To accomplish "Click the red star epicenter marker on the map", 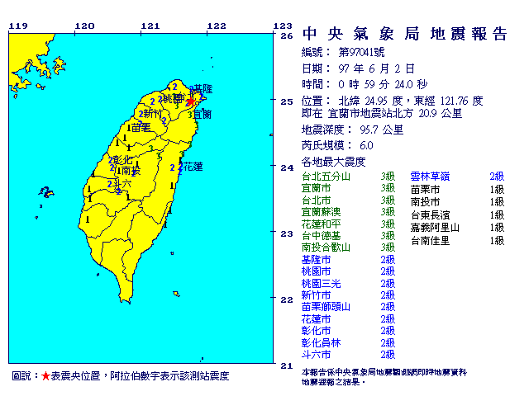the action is pyautogui.click(x=190, y=102).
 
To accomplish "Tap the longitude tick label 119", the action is pyautogui.click(x=17, y=26).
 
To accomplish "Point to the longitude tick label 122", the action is pyautogui.click(x=217, y=26).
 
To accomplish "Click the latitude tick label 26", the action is pyautogui.click(x=287, y=36).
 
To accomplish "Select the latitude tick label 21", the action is pyautogui.click(x=287, y=365).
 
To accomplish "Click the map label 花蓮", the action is pyautogui.click(x=192, y=166).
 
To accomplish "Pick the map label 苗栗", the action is pyautogui.click(x=141, y=127).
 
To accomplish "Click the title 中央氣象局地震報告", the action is pyautogui.click(x=405, y=34).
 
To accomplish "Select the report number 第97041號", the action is pyautogui.click(x=369, y=51).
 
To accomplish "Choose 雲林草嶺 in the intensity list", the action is pyautogui.click(x=434, y=176).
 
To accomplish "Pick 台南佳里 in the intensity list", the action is pyautogui.click(x=430, y=240).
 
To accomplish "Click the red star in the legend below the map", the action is pyautogui.click(x=45, y=376).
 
